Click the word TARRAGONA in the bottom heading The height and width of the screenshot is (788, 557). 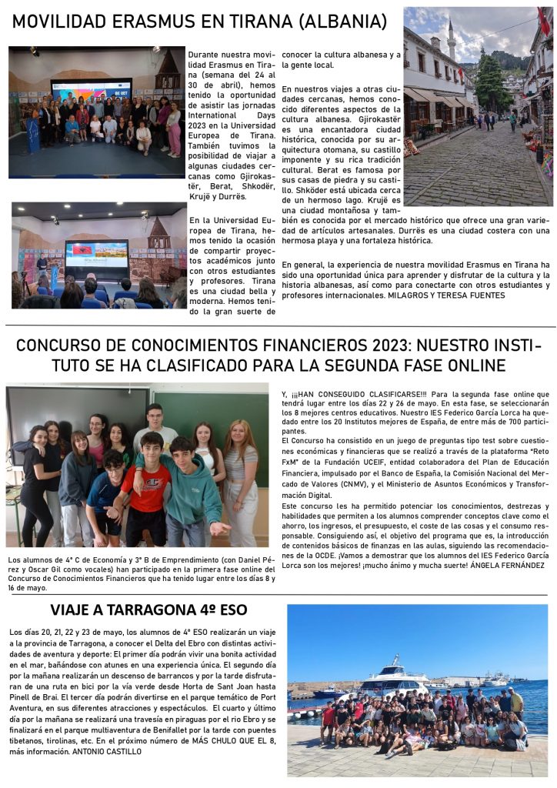click(155, 610)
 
